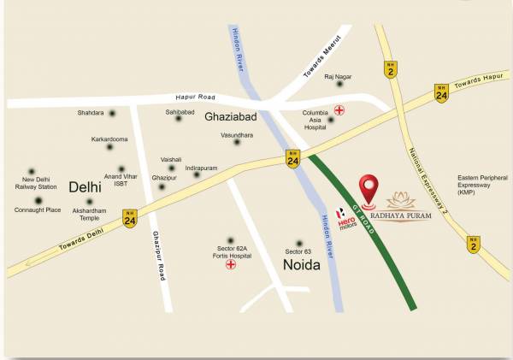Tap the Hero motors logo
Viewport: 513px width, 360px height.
point(344,218)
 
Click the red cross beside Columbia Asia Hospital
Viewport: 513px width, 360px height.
point(339,110)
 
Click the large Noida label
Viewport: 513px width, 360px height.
point(301,265)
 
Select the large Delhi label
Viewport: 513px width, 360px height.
point(85,186)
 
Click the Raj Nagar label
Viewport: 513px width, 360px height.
point(339,77)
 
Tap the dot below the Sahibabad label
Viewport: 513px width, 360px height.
point(179,119)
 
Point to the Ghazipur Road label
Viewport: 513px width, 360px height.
point(158,256)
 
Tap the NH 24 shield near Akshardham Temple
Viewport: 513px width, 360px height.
point(130,217)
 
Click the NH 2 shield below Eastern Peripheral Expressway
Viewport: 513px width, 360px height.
point(474,244)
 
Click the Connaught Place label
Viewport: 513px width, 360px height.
point(38,210)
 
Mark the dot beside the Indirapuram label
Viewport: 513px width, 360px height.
point(197,174)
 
